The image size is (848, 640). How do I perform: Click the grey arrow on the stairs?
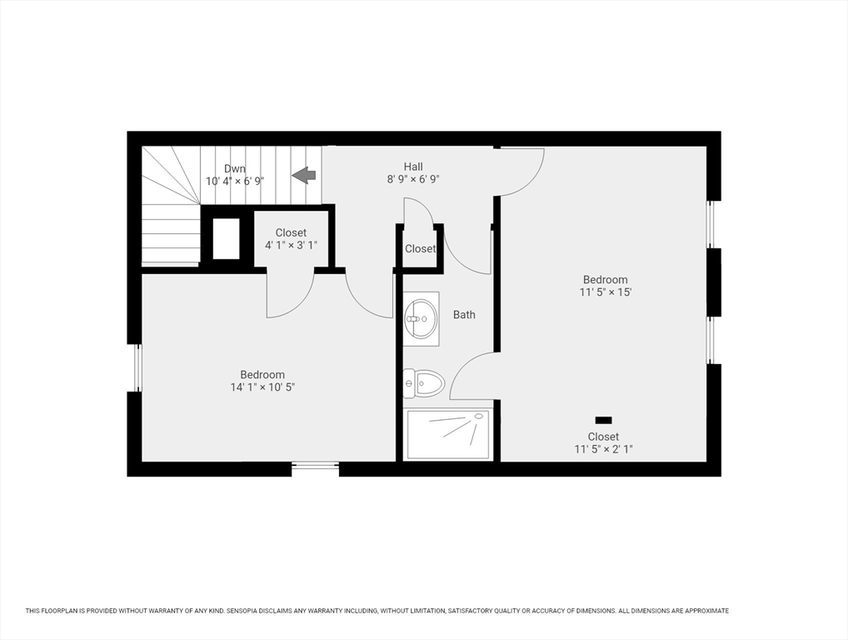point(304,175)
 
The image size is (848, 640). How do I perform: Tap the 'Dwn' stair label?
point(235,168)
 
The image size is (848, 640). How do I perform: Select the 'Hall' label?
point(413,167)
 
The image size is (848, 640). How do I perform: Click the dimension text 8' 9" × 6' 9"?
point(413,179)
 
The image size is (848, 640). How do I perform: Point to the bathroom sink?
point(421,317)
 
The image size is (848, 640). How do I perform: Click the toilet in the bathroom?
point(424,383)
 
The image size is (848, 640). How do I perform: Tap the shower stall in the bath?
point(448,433)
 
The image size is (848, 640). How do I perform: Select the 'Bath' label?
point(464,315)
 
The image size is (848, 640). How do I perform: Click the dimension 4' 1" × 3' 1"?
point(291,245)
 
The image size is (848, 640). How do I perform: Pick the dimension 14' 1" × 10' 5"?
point(262,387)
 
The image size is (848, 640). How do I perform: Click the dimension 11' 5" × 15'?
point(606,292)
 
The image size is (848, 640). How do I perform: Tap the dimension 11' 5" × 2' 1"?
point(603,449)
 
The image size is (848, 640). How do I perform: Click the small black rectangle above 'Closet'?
point(604,420)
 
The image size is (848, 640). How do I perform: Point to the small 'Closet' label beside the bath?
point(421,249)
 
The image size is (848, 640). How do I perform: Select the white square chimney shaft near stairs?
point(226,238)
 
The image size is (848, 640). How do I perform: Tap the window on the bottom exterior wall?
point(315,467)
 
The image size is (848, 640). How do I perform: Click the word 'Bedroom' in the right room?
point(606,280)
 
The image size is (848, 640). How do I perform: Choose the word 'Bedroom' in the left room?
point(262,375)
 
